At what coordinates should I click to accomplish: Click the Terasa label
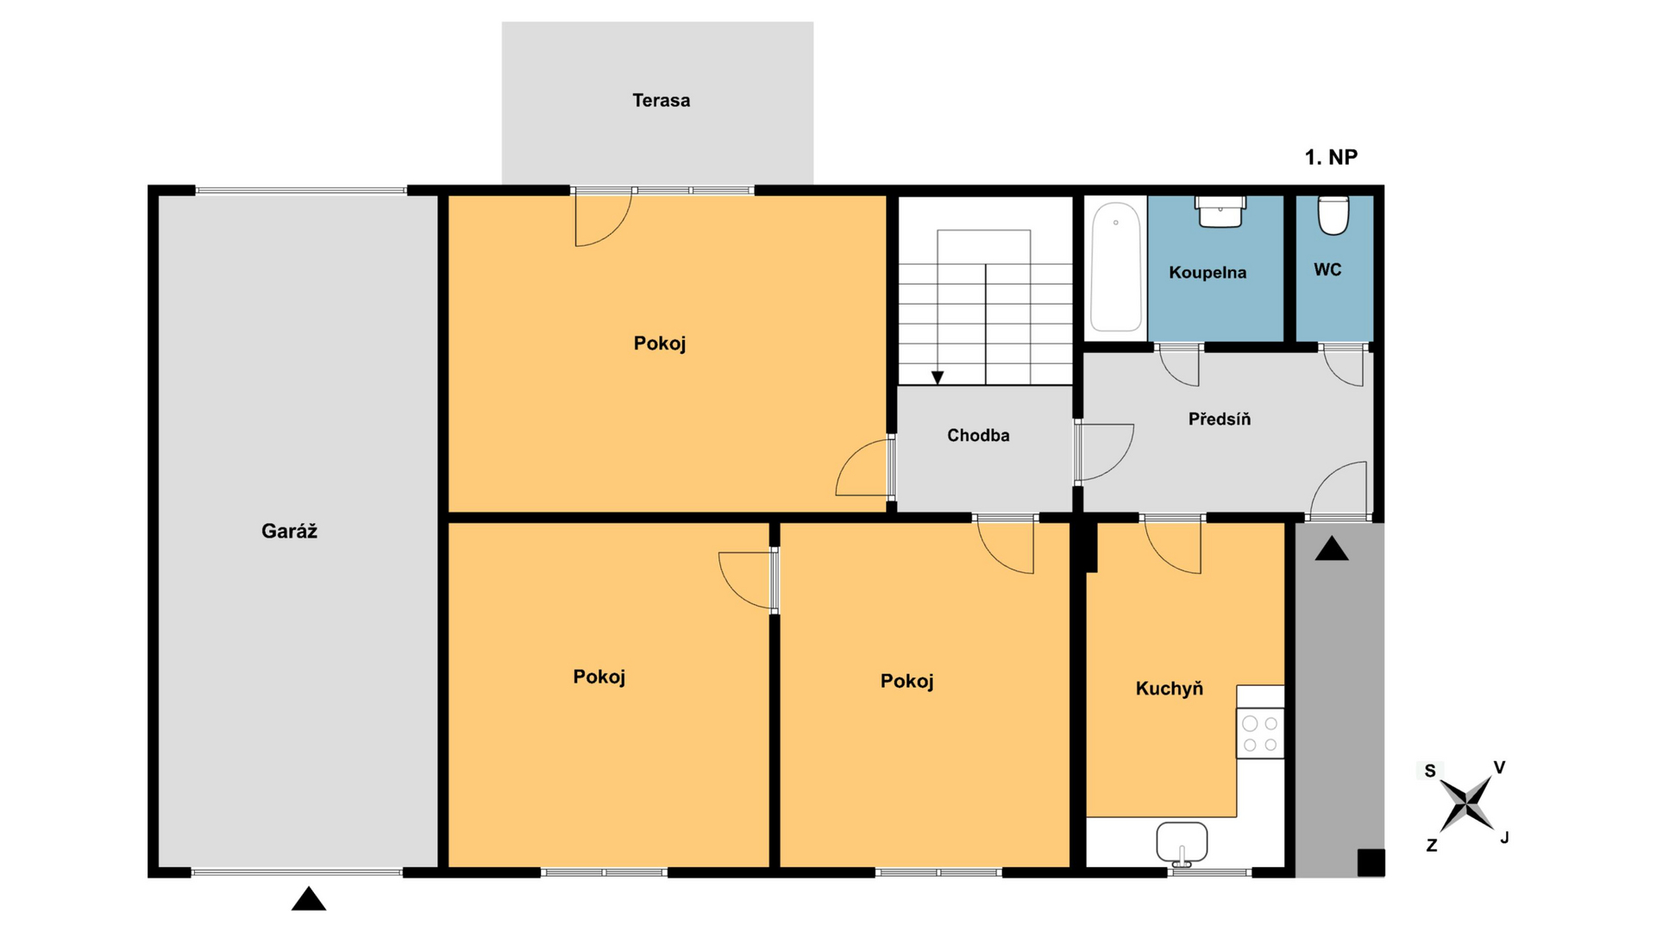(x=661, y=100)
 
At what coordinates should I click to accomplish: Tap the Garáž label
(x=289, y=531)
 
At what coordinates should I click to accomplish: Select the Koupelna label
(x=1207, y=273)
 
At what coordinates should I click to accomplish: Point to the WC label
(x=1327, y=269)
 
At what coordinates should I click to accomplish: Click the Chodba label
(x=978, y=435)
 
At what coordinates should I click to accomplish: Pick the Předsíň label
(x=1220, y=419)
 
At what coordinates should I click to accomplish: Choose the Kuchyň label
(x=1169, y=688)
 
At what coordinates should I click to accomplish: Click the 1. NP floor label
(x=1331, y=157)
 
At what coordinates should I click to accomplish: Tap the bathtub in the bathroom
(x=1115, y=268)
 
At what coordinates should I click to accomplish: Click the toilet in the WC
(x=1333, y=215)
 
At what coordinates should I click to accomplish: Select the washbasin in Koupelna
(x=1220, y=211)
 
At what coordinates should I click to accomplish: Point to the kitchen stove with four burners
(x=1260, y=734)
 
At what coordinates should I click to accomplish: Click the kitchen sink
(x=1182, y=843)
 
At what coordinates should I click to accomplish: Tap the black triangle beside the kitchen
(x=1332, y=548)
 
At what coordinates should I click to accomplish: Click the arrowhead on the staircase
(x=938, y=378)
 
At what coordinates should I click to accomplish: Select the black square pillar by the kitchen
(x=1371, y=863)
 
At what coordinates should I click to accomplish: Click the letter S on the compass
(x=1430, y=771)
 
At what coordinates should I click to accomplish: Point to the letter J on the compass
(x=1504, y=837)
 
